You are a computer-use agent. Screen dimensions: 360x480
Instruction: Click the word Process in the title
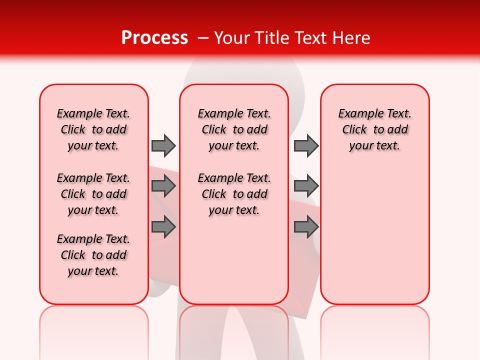(154, 38)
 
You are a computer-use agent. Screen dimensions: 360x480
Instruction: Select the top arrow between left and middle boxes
(163, 145)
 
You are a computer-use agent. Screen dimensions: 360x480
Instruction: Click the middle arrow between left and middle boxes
(163, 186)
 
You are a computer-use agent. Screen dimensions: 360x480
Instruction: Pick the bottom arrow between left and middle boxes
(163, 227)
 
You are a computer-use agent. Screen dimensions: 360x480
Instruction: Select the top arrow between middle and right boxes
(306, 145)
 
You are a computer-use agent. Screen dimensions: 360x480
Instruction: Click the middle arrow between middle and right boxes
(306, 186)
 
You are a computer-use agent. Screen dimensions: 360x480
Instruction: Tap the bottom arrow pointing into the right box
(306, 227)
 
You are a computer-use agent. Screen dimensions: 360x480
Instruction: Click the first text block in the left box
(93, 129)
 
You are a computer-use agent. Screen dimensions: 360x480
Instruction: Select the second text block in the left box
(93, 194)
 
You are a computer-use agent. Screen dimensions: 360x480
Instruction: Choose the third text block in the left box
(93, 255)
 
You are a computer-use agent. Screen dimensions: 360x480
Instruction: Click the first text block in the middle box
(234, 129)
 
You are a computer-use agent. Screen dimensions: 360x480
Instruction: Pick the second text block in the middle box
(234, 194)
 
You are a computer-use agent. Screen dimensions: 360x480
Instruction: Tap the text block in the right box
(374, 129)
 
